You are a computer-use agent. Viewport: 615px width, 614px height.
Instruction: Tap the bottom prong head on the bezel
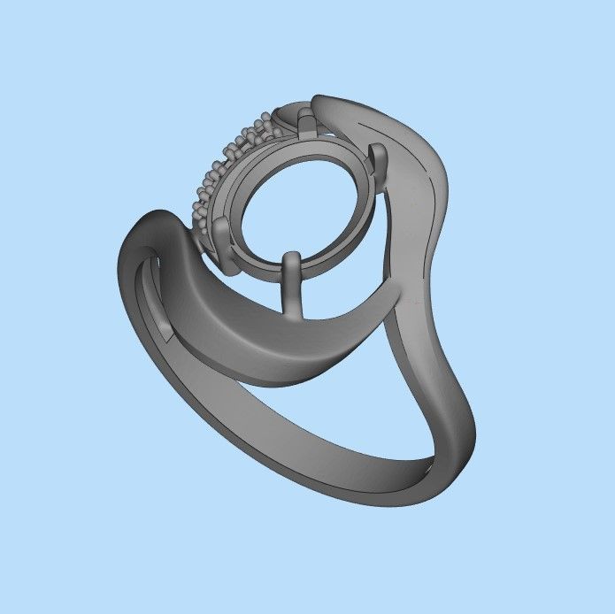[x=291, y=262]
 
